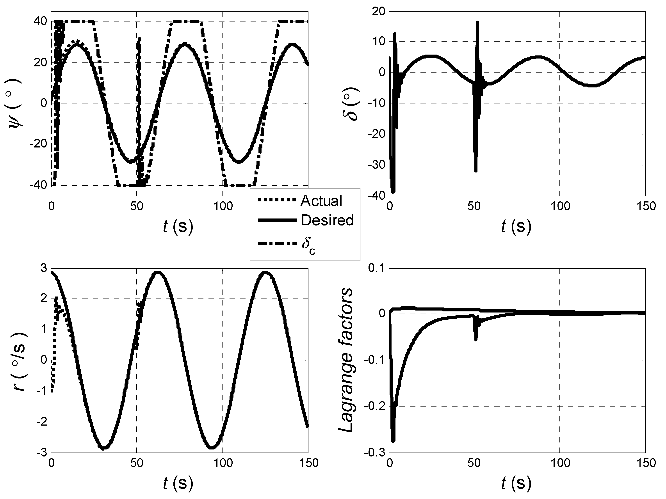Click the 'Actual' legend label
(321, 201)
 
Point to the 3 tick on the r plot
(44, 268)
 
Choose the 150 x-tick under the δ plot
(645, 206)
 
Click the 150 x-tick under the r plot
(308, 463)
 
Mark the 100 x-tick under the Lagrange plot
(559, 463)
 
